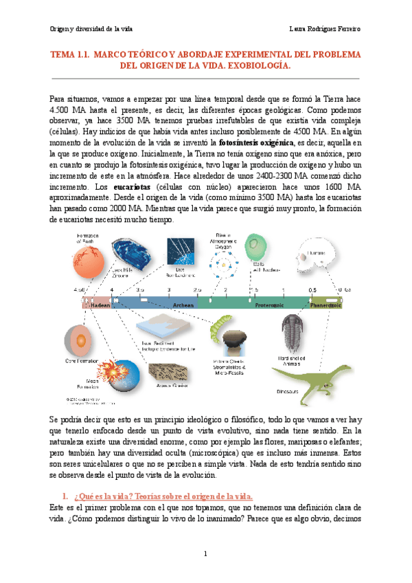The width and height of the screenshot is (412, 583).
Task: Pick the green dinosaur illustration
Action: (x=307, y=372)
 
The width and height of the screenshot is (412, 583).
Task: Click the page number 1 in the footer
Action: (x=205, y=554)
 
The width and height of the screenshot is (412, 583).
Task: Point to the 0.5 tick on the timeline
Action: (x=312, y=291)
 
